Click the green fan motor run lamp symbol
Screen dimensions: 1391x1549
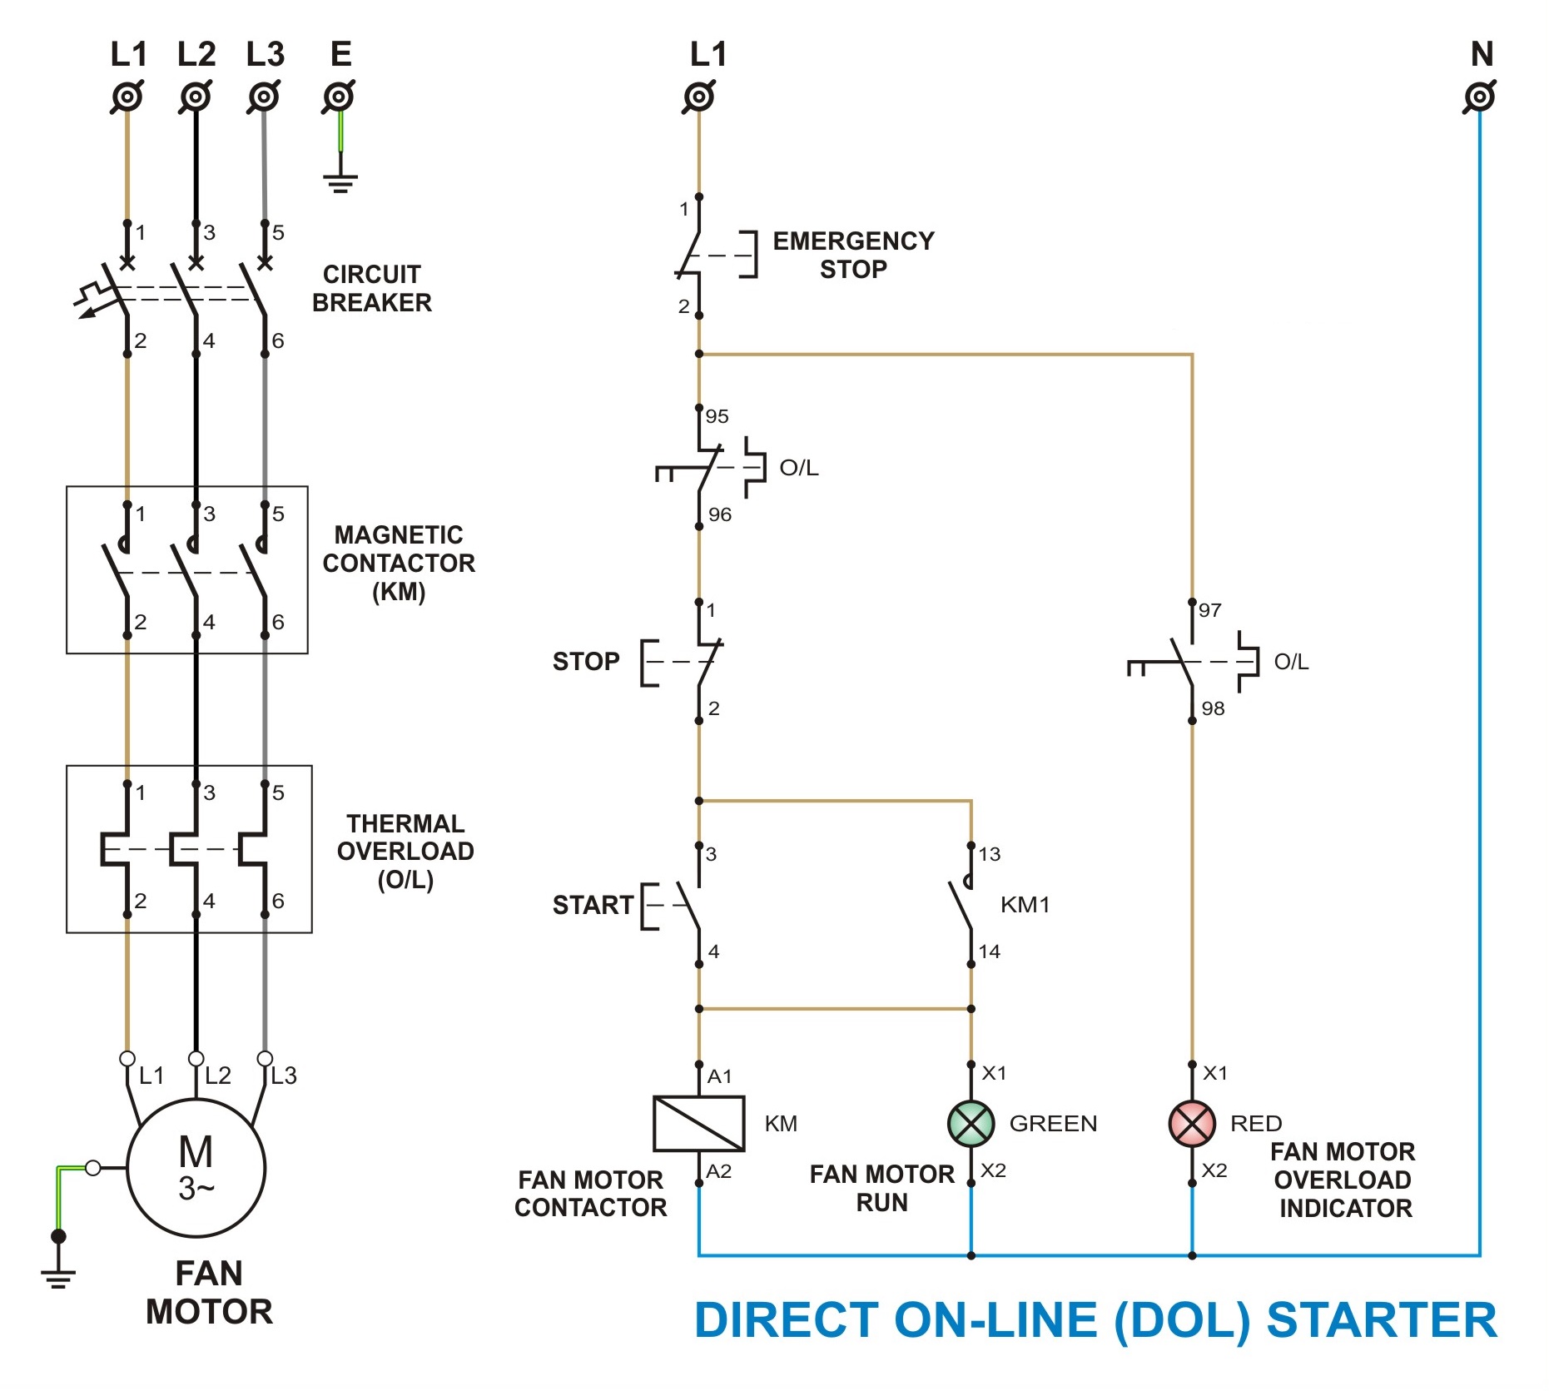pyautogui.click(x=971, y=1123)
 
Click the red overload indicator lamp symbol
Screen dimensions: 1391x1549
pyautogui.click(x=1192, y=1123)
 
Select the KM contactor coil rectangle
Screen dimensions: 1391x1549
pyautogui.click(x=698, y=1123)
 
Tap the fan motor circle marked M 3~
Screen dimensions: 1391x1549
pyautogui.click(x=196, y=1167)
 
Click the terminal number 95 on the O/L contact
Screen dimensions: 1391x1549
pyautogui.click(x=717, y=416)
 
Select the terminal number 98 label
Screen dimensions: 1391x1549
pyautogui.click(x=1213, y=708)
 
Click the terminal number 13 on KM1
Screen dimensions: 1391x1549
pyautogui.click(x=989, y=854)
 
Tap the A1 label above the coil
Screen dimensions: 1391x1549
pyautogui.click(x=719, y=1076)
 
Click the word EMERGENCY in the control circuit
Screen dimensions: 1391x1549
pyautogui.click(x=853, y=241)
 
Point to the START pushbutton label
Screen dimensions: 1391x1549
pyautogui.click(x=593, y=905)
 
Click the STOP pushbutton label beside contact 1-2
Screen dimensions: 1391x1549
pyautogui.click(x=586, y=662)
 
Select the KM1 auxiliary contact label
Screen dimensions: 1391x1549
pyautogui.click(x=1025, y=905)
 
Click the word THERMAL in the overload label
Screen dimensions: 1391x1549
pyautogui.click(x=405, y=823)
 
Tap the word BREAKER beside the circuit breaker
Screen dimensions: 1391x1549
pyautogui.click(x=372, y=302)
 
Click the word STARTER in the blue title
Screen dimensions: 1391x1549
pyautogui.click(x=1381, y=1320)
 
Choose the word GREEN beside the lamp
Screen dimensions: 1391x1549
pyautogui.click(x=1053, y=1124)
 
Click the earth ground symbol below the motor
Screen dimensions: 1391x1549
pyautogui.click(x=58, y=1274)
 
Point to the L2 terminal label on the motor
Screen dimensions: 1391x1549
pyautogui.click(x=217, y=1076)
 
